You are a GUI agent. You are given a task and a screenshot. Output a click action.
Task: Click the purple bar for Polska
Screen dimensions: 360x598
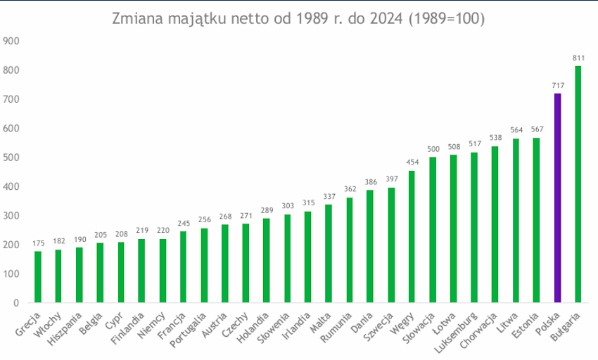click(557, 198)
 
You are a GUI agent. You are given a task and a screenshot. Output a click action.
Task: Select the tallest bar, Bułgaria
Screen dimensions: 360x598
click(578, 184)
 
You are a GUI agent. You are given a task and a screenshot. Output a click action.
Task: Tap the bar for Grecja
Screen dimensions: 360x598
click(38, 277)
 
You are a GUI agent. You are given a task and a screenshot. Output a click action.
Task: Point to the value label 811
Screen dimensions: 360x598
click(578, 58)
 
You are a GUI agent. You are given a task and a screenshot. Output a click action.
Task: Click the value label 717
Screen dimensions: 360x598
click(557, 85)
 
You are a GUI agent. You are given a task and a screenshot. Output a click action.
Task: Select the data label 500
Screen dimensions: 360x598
click(433, 148)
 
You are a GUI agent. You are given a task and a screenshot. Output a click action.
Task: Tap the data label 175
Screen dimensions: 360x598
click(38, 243)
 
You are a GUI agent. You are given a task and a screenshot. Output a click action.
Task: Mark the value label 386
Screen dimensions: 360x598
click(370, 181)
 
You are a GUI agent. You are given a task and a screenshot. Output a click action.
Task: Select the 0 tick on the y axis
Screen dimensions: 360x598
click(14, 302)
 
